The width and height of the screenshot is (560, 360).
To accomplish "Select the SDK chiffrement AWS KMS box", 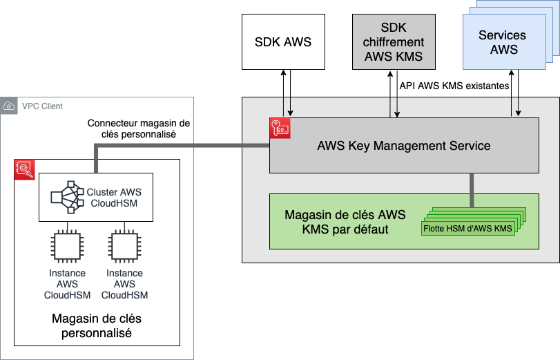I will (x=394, y=41).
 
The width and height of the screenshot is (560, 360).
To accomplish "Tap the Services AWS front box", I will (x=502, y=43).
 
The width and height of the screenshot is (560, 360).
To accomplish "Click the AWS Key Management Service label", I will (x=403, y=146).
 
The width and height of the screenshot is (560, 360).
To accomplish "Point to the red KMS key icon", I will (x=280, y=129).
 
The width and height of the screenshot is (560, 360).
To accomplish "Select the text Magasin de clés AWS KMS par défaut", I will (x=345, y=221).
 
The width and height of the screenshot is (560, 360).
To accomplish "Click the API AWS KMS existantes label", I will (x=454, y=86).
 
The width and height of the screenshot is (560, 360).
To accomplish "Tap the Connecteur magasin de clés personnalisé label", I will (x=138, y=129).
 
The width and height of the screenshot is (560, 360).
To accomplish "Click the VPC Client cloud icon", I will (x=10, y=106).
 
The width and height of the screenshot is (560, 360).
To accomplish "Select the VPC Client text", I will (x=42, y=106).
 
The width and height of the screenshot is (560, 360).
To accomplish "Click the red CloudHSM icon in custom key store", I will (x=25, y=169).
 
